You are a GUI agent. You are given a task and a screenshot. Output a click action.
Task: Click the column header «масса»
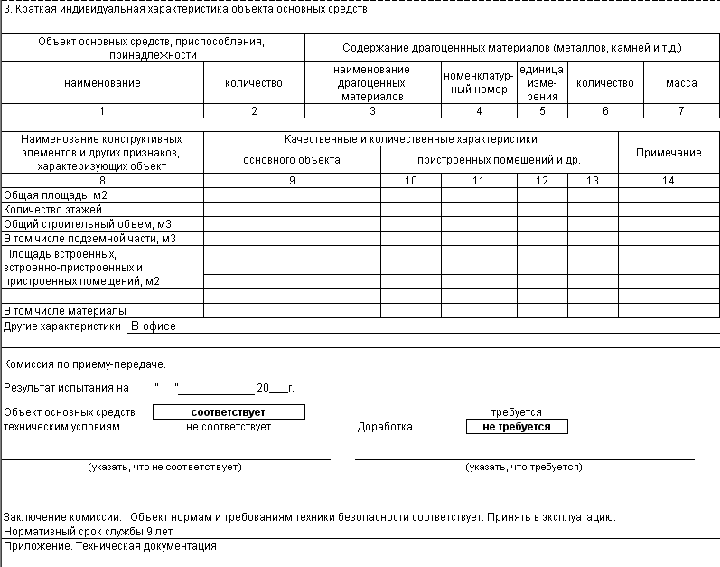681,83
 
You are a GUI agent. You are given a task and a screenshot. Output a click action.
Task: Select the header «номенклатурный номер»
478,83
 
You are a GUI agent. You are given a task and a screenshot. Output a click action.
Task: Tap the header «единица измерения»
542,83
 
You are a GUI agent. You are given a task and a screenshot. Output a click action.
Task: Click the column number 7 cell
681,111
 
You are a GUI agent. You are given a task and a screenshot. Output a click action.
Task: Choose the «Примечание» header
669,153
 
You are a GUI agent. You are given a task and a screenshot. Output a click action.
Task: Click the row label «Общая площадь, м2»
56,195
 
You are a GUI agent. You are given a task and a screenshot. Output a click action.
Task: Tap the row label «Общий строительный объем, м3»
88,224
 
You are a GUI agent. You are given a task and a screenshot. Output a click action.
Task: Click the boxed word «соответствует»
229,412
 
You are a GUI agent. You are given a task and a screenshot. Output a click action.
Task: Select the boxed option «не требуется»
517,427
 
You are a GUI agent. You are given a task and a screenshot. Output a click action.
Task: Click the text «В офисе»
154,326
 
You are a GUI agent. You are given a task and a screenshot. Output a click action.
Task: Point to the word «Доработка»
385,427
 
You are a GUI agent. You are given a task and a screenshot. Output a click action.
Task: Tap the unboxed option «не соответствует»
229,427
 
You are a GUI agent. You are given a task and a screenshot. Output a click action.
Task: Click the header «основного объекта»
292,160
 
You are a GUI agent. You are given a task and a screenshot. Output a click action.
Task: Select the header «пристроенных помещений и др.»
499,160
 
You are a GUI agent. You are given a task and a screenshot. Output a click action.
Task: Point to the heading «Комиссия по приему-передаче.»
85,364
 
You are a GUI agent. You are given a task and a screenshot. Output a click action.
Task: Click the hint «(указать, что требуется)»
524,468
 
